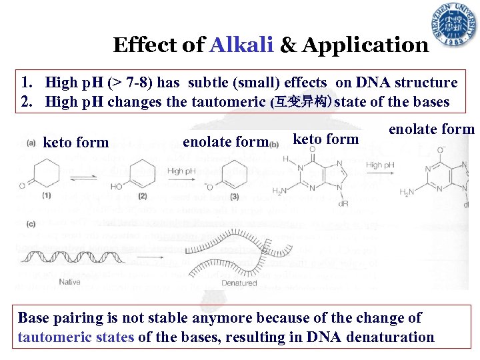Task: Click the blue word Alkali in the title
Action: [241, 45]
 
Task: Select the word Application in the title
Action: [365, 45]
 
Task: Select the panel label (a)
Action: [31, 142]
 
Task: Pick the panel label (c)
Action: [31, 224]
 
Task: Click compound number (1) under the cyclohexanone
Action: [46, 195]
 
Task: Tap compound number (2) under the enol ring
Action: [141, 196]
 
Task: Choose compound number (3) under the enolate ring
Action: [235, 196]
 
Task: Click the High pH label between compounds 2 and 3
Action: [184, 171]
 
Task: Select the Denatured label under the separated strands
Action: [239, 283]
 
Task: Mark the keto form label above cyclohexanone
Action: [75, 142]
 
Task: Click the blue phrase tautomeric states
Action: [76, 337]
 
